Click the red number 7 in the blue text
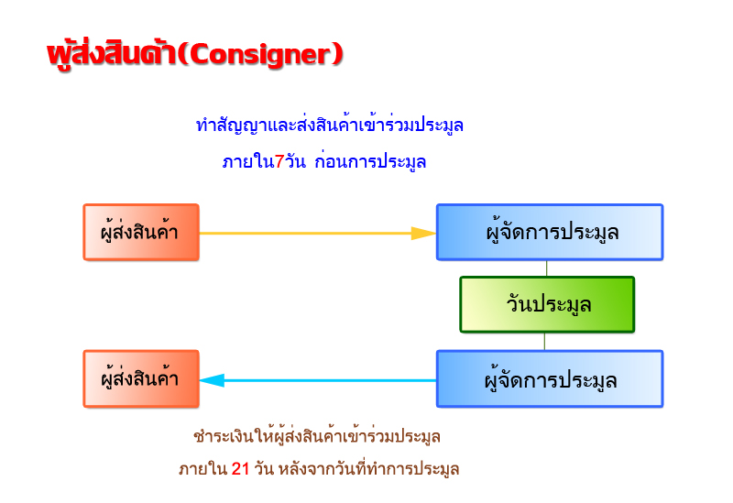tap(279, 162)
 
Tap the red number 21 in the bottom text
tap(240, 468)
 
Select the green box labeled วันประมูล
tap(547, 304)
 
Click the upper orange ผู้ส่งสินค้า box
tap(141, 233)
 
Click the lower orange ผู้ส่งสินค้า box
tap(141, 379)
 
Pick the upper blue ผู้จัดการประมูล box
tap(550, 233)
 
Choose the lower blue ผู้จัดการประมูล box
tap(550, 379)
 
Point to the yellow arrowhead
tap(423, 234)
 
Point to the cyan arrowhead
tap(212, 380)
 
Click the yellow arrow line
tap(318, 234)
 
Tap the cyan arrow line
tap(318, 380)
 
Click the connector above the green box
tap(546, 268)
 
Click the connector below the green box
tap(544, 341)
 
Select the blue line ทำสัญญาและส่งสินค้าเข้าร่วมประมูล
tap(330, 125)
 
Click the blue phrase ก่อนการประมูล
tap(370, 162)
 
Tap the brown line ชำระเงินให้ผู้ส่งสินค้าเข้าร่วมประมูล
tap(317, 437)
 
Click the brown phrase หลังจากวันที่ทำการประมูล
tap(369, 469)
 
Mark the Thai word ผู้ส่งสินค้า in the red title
tap(111, 54)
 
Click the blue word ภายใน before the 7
tap(248, 162)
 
